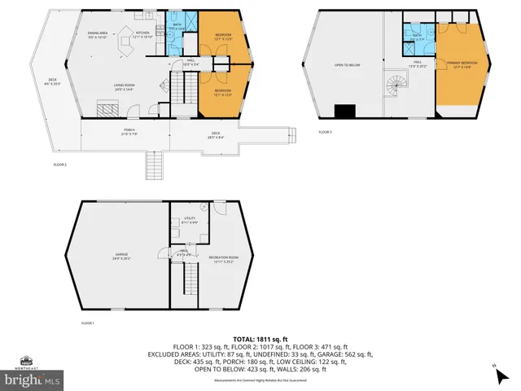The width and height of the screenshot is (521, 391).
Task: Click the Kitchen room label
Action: point(143,33)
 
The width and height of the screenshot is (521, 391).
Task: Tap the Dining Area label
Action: point(98,34)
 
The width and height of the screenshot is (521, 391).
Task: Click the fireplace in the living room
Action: point(107,107)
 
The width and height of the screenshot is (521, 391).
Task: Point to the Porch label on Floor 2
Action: point(129,131)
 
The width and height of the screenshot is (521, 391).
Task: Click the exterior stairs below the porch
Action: point(153,167)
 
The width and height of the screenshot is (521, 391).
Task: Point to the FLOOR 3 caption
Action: point(325,132)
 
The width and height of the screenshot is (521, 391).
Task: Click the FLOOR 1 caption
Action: point(87,323)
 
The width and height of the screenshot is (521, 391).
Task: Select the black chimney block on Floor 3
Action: point(345,112)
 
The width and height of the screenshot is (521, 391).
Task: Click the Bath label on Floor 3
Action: point(418,35)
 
